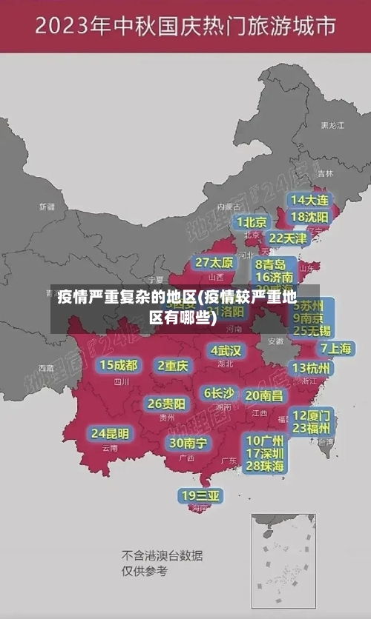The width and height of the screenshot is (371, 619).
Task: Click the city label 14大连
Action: tap(309, 200)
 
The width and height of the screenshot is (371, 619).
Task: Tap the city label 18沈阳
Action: tap(309, 217)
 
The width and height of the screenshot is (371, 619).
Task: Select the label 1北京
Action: tap(252, 222)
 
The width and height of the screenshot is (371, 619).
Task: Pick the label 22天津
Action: tap(287, 238)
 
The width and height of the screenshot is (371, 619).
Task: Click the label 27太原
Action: tap(214, 262)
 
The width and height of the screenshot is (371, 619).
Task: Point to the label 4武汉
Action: tap(226, 350)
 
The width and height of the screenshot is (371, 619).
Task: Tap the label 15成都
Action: tap(119, 365)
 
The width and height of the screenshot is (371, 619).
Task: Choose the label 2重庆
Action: tap(174, 365)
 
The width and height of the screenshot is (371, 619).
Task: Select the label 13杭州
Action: tap(312, 368)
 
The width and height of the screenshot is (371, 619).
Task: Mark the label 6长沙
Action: tap(219, 393)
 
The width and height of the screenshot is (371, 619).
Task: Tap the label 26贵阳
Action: tap(166, 404)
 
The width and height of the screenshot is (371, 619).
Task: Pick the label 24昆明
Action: tap(110, 433)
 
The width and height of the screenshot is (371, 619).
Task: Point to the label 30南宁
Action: tap(188, 443)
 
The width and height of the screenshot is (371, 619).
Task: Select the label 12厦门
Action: tap(312, 415)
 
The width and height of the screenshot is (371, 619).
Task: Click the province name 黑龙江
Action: tap(332, 126)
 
